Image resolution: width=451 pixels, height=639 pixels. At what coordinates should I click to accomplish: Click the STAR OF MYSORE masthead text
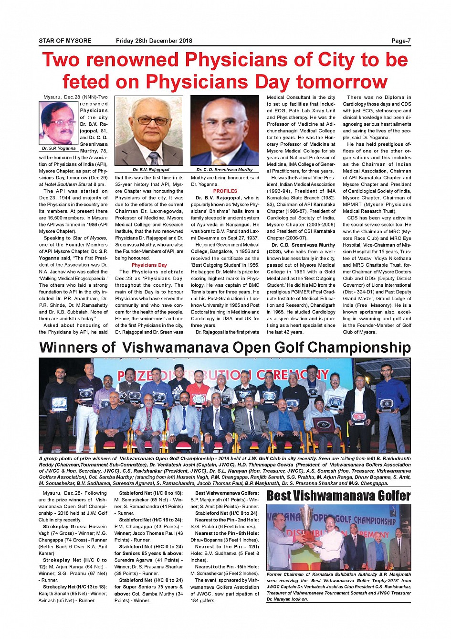65,41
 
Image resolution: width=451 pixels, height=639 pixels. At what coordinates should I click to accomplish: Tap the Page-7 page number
401,41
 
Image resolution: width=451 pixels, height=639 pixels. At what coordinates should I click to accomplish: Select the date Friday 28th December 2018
154,41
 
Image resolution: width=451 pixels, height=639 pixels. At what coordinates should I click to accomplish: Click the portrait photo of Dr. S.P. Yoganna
58,123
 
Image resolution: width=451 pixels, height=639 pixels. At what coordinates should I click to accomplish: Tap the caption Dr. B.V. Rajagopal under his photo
151,170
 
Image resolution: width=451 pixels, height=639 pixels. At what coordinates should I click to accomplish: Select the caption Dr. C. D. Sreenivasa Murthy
224,170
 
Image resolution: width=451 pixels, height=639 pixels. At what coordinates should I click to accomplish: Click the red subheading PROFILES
225,191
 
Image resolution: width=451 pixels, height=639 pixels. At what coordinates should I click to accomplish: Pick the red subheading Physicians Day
149,265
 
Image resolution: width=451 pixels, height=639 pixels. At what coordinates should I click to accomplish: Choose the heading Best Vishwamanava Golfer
338,496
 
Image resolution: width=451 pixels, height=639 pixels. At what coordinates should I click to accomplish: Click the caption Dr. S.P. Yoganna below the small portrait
58,148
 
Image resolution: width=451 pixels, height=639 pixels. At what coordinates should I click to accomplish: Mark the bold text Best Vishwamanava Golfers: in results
227,493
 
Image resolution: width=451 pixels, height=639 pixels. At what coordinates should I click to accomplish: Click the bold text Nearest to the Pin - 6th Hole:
227,533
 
